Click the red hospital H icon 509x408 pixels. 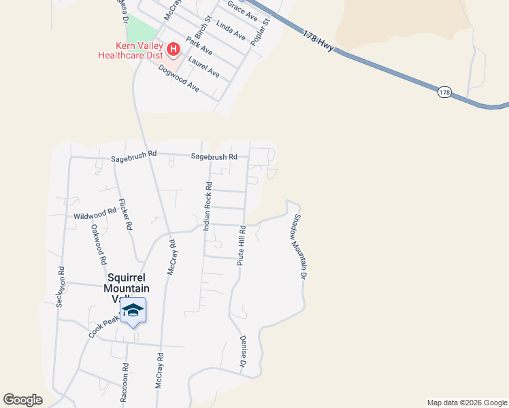point(173,49)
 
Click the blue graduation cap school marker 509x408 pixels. point(133,310)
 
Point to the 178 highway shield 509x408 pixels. point(444,92)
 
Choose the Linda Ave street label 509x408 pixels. point(230,29)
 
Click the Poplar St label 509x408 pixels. point(261,31)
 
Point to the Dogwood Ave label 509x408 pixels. point(178,78)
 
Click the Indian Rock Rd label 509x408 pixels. point(208,206)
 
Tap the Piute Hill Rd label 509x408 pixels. point(241,245)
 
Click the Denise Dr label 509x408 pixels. point(242,352)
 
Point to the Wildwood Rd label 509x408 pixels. point(95,214)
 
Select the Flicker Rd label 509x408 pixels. point(125,215)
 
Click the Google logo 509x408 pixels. point(22,399)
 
